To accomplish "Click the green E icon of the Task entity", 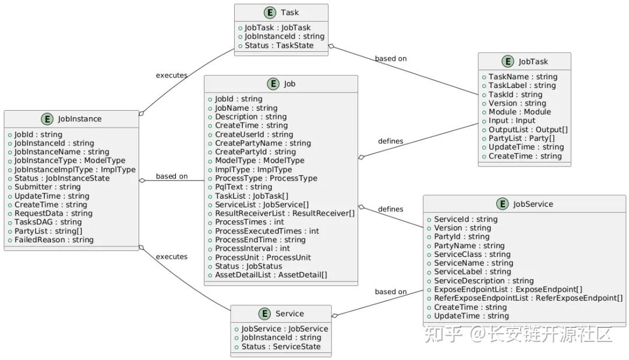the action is pos(269,12).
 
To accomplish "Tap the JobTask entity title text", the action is pos(533,61).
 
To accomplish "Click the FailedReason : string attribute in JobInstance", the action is pos(54,239).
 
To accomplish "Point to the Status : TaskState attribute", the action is pos(278,45).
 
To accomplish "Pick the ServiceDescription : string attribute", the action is pos(483,281).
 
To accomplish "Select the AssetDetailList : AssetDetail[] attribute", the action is pos(271,275).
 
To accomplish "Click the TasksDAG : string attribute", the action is pos(48,222).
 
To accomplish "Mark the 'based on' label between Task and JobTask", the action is pos(391,59).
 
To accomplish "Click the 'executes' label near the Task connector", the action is pos(172,75).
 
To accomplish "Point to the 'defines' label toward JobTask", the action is pos(390,141).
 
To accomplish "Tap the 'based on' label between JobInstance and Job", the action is pos(172,176).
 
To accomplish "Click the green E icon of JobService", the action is pos(502,204).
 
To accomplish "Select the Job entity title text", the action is pos(289,84).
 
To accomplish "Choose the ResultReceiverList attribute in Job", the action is pos(284,213).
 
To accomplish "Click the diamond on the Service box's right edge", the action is pos(335,316).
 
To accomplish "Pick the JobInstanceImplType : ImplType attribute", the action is pos(75,170).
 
